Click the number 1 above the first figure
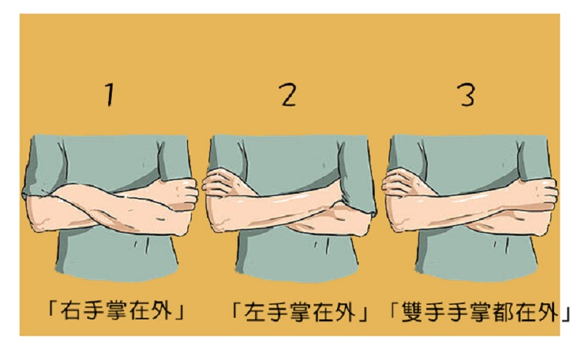coord(109,94)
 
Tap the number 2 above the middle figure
coord(288,94)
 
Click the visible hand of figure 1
coord(183,193)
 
